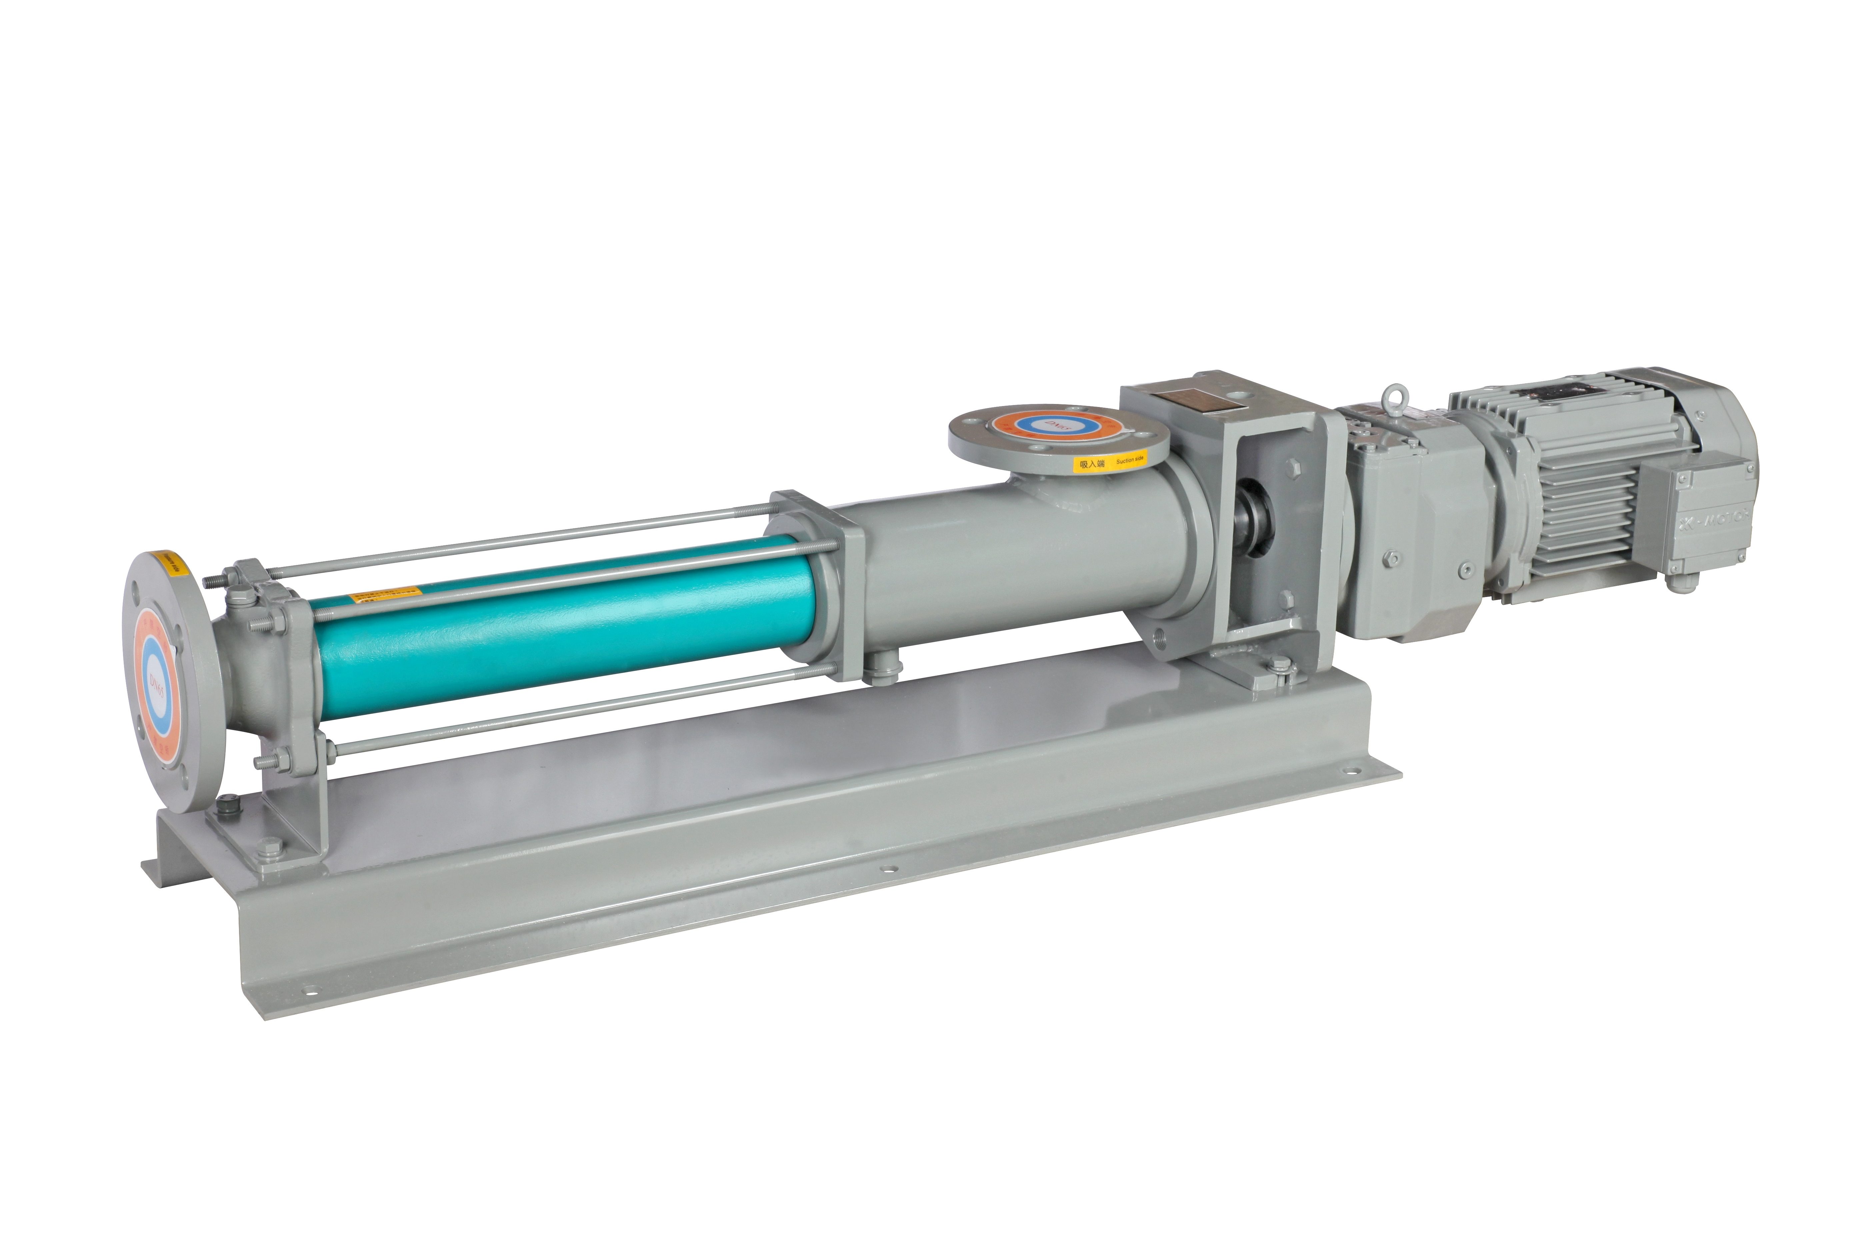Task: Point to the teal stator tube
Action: coord(557,629)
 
